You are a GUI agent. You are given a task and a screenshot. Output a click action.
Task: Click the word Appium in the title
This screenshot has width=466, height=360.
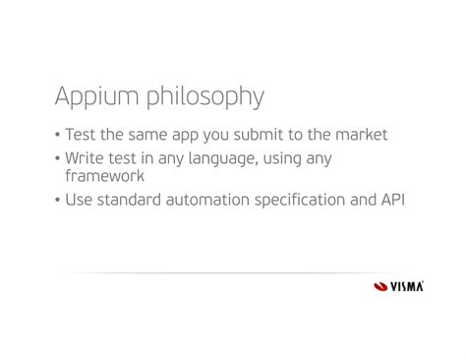tap(97, 97)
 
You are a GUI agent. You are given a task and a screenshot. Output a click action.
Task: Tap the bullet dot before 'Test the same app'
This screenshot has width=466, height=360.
tap(58, 135)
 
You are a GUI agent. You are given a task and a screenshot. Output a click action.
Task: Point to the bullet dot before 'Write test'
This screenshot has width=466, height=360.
tap(58, 158)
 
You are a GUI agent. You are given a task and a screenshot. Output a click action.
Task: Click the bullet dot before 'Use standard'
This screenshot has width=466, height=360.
tap(58, 201)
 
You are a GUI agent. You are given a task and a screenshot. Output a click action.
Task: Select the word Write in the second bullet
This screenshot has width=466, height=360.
tap(86, 157)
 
